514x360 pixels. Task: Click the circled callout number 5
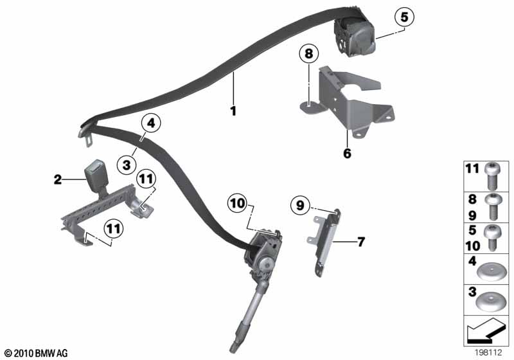(403, 17)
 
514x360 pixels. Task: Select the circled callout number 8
(308, 55)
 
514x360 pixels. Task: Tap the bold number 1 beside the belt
(234, 111)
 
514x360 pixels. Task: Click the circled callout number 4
(151, 123)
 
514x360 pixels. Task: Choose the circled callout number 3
(127, 165)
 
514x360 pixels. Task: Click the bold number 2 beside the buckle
(57, 180)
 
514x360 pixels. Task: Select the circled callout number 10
(238, 203)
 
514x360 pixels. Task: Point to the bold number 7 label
(360, 242)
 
